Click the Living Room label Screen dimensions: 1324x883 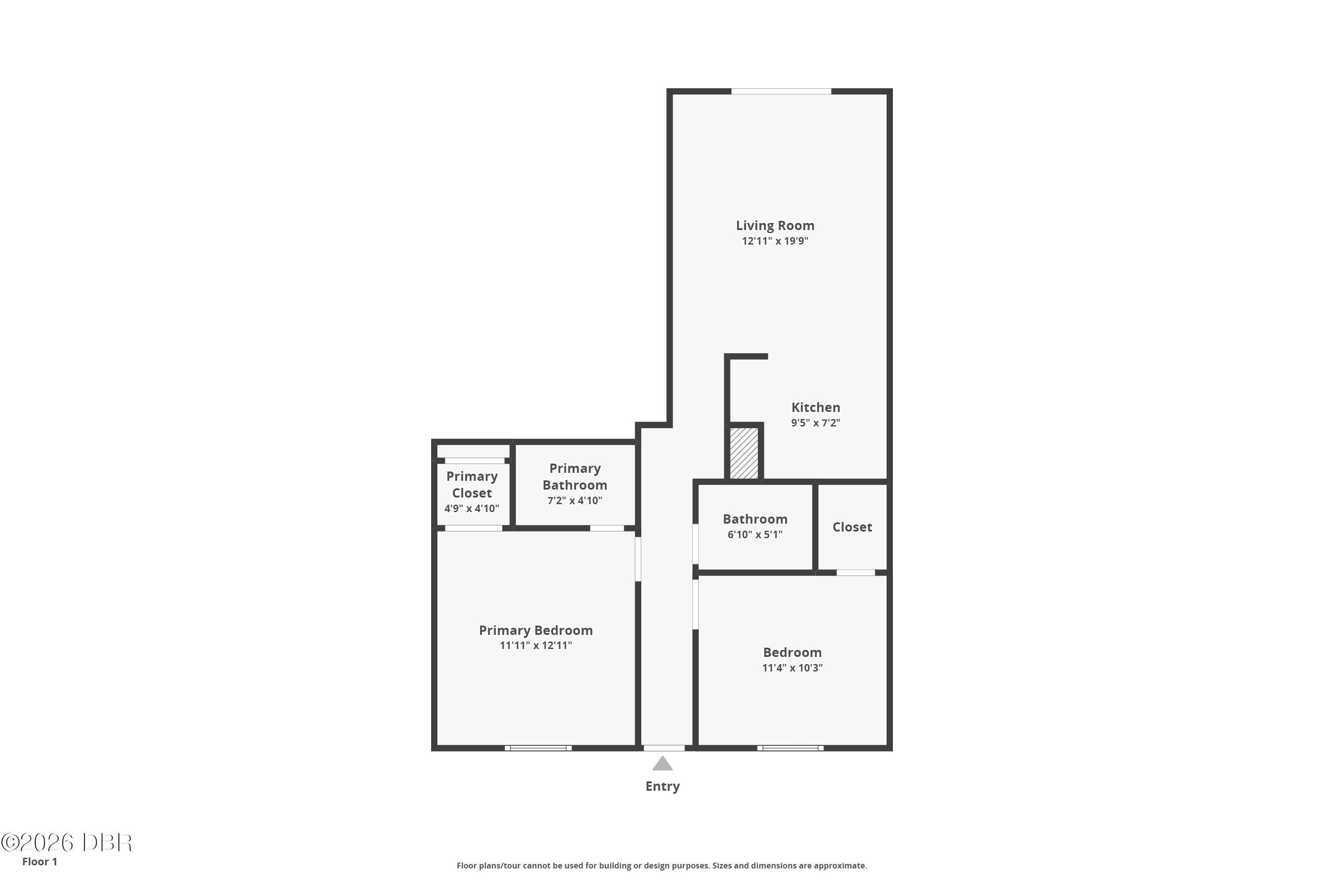[x=775, y=226]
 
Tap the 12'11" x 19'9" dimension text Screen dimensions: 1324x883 [x=775, y=241]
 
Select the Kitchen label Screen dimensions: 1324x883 [x=816, y=407]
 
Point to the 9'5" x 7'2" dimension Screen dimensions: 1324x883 [x=816, y=423]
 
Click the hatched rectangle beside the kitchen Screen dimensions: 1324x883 [x=744, y=453]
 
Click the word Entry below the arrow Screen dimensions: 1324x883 [x=662, y=786]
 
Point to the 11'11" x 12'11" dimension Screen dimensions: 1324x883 [x=536, y=645]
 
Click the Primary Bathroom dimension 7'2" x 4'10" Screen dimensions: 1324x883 [x=575, y=501]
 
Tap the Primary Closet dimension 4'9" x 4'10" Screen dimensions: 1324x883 [x=472, y=509]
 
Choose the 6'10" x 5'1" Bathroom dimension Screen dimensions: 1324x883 [x=755, y=534]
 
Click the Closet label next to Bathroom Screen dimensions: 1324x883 [x=852, y=527]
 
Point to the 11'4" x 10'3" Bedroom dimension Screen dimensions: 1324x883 [x=793, y=668]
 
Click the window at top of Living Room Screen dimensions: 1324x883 [x=781, y=91]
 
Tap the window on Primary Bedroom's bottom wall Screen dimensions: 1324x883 [x=538, y=748]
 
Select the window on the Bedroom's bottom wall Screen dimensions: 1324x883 [x=790, y=748]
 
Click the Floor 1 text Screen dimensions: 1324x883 [x=39, y=862]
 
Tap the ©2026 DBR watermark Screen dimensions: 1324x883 [x=67, y=843]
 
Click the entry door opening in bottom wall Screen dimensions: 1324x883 [x=664, y=748]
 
